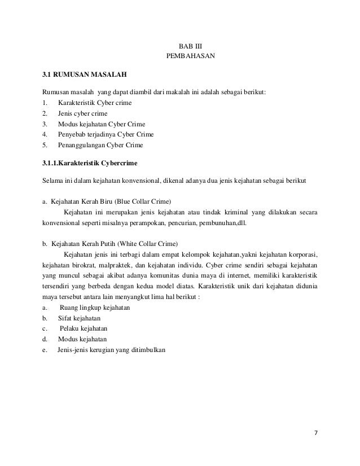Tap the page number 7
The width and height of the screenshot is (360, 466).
[x=316, y=433]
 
